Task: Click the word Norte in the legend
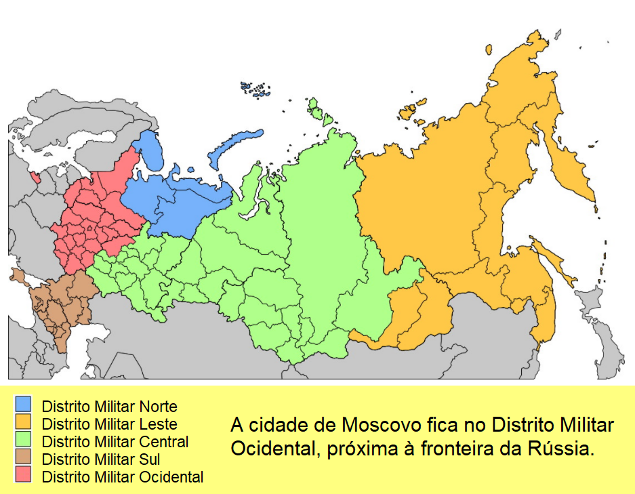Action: coord(158,407)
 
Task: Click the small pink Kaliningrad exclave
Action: coord(35,178)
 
